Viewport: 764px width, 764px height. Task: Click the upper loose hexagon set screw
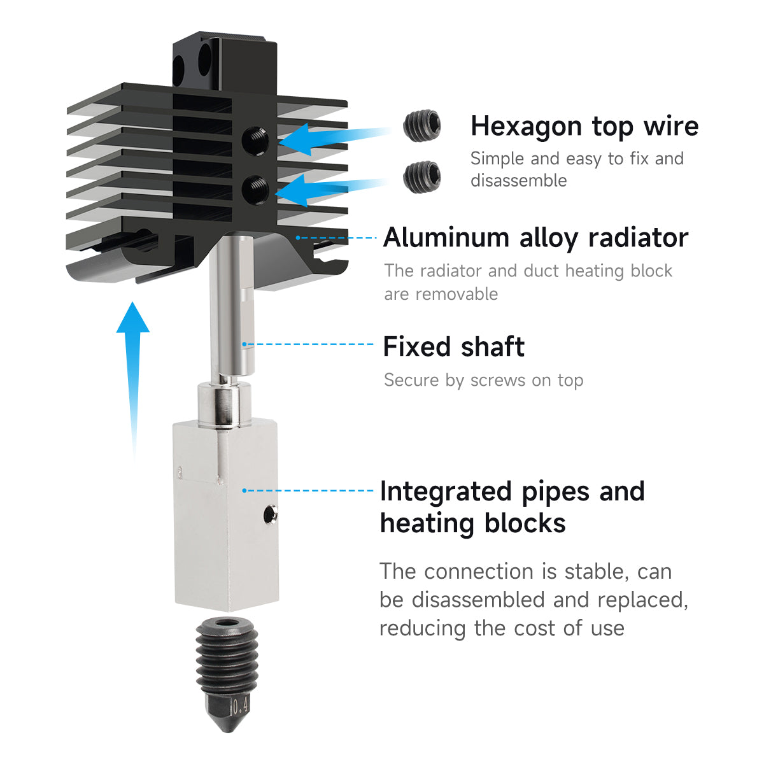(x=422, y=125)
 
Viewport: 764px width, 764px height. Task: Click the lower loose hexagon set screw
(x=422, y=177)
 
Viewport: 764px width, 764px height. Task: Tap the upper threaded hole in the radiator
(x=256, y=141)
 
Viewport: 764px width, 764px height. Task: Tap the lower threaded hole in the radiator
(x=256, y=190)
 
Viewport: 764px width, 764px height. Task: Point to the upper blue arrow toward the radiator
(x=335, y=138)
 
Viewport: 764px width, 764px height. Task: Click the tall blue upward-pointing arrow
(x=133, y=381)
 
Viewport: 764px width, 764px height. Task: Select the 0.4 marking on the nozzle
(x=241, y=705)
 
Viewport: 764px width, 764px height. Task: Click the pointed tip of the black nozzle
(x=227, y=732)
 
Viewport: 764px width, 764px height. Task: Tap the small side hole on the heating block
(x=271, y=514)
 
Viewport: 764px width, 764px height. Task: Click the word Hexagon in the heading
(x=527, y=127)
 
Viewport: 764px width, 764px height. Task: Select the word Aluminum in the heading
(x=446, y=238)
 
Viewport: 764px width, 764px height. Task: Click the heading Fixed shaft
(x=453, y=346)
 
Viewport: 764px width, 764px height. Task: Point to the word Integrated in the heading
(x=446, y=492)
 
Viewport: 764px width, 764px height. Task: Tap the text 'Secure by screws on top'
(x=484, y=380)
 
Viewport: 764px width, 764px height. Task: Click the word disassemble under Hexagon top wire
(x=519, y=180)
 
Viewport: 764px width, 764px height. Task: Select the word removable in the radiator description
(x=456, y=294)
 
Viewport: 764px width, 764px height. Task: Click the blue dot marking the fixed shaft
(x=244, y=344)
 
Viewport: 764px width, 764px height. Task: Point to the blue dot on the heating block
(x=244, y=490)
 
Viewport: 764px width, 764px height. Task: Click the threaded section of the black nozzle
(x=227, y=658)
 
